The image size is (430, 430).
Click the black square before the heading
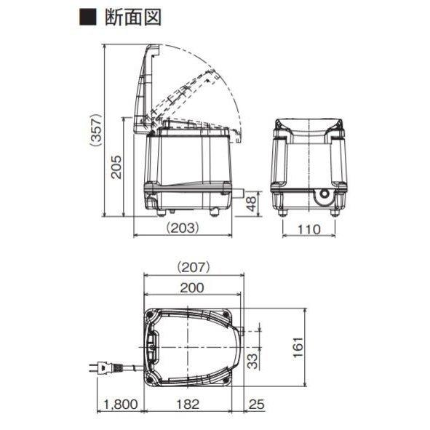88,17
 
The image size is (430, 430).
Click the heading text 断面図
133,17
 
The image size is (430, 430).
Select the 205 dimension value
116,167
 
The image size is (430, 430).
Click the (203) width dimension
183,228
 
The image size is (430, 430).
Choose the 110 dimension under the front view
308,229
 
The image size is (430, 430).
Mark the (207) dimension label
194,267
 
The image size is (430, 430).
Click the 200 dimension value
192,287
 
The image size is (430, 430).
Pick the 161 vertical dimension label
298,347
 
